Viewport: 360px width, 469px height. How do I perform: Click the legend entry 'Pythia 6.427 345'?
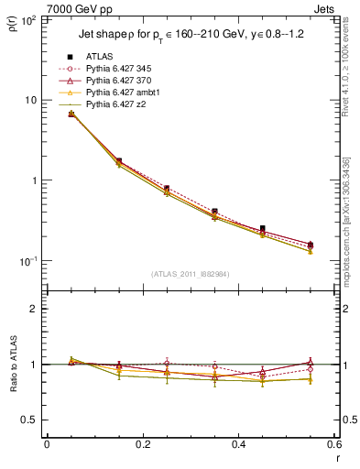pos(116,69)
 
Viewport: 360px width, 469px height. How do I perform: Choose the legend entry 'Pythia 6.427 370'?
pos(116,81)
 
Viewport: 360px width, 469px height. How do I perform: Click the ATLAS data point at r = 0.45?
pos(263,228)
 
